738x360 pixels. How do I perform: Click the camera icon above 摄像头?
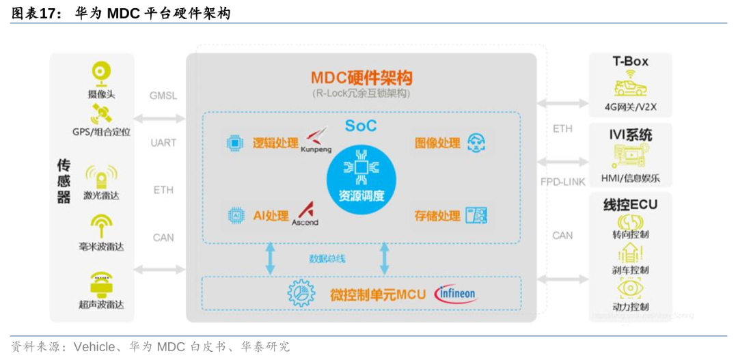[101, 73]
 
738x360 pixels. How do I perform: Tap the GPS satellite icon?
[101, 113]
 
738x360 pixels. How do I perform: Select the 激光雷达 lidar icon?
[101, 176]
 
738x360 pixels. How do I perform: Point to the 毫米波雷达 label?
[101, 247]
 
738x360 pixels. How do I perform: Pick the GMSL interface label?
[163, 96]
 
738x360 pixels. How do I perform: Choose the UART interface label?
[163, 143]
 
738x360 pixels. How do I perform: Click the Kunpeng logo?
[316, 140]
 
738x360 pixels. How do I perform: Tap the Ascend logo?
[305, 214]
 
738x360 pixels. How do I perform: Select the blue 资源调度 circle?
[361, 174]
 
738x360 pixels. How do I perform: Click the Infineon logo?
[456, 294]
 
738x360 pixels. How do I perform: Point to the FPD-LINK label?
[562, 182]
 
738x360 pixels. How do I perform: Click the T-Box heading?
[630, 61]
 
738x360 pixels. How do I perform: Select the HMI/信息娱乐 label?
[630, 179]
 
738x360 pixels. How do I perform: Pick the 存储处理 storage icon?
[476, 215]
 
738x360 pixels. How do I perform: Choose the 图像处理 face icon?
[476, 143]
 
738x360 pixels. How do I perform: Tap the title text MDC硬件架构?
[361, 77]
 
